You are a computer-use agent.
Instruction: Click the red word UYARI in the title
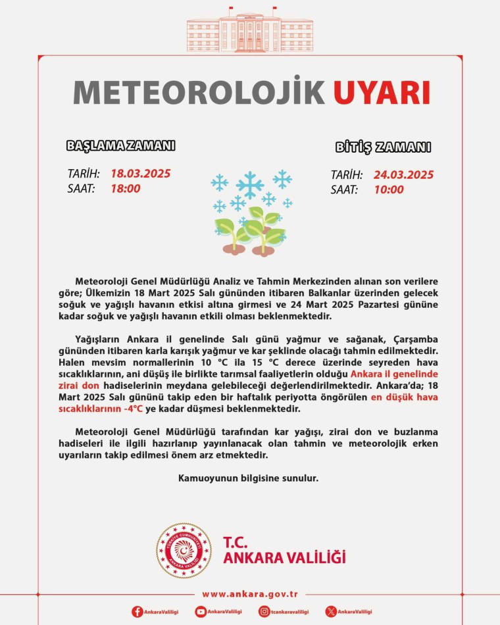(382, 92)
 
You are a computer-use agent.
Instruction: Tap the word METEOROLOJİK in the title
(199, 92)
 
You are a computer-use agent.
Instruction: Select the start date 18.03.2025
(140, 174)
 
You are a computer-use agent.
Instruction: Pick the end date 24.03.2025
(403, 174)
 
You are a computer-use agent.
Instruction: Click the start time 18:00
(125, 188)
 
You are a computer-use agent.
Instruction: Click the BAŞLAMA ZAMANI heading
(120, 146)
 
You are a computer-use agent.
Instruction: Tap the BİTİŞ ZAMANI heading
(383, 147)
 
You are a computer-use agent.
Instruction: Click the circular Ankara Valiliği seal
(184, 551)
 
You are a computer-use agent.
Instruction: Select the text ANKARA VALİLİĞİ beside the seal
(284, 558)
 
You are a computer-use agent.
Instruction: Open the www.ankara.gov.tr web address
(250, 594)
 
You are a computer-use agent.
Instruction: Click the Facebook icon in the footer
(137, 612)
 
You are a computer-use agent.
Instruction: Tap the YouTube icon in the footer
(201, 612)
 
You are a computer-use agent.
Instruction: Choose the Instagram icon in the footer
(264, 612)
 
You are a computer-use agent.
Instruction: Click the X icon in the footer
(331, 612)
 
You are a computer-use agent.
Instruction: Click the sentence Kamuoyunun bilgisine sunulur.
(248, 478)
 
